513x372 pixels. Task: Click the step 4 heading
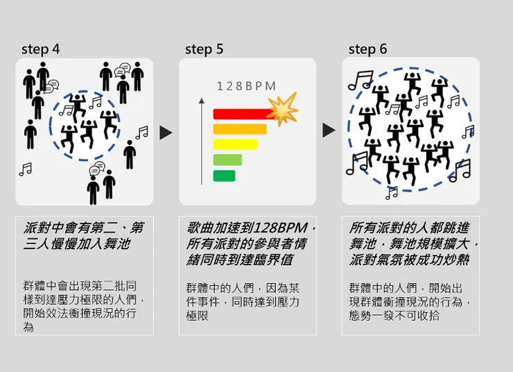point(40,49)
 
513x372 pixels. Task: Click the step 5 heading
point(204,49)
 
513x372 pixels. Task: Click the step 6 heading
point(367,49)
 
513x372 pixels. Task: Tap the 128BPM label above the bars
point(246,86)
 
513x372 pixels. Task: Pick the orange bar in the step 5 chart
point(239,129)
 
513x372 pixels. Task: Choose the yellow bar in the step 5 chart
point(235,144)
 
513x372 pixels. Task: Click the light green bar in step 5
point(227,160)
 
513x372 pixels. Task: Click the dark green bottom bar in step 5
point(224,176)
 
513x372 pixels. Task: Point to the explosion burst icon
point(283,110)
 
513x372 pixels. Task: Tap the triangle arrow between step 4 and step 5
point(166,133)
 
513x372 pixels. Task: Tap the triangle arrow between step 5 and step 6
point(329,130)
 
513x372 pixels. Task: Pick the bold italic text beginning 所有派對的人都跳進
point(413,244)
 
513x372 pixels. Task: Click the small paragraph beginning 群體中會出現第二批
point(84,305)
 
